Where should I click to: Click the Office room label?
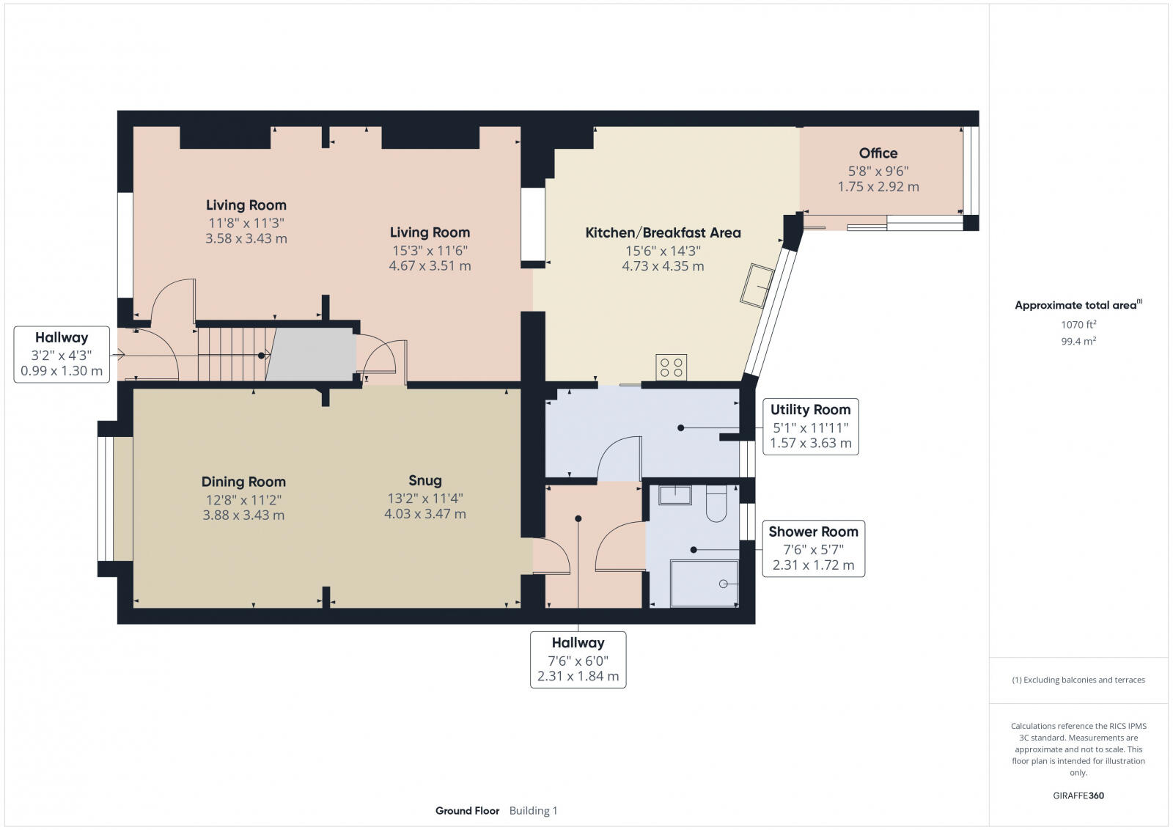pyautogui.click(x=878, y=153)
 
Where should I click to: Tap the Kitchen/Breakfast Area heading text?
pyautogui.click(x=663, y=233)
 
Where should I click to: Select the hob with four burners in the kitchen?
pyautogui.click(x=671, y=367)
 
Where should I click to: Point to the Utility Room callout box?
pyautogui.click(x=810, y=426)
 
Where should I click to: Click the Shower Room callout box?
pyautogui.click(x=813, y=548)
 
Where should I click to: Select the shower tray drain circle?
pyautogui.click(x=724, y=584)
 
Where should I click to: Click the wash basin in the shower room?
pyautogui.click(x=674, y=495)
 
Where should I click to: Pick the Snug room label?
pyautogui.click(x=425, y=481)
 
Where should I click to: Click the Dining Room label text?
pyautogui.click(x=243, y=482)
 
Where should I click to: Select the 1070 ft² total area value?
pyautogui.click(x=1078, y=324)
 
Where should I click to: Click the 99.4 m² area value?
pyautogui.click(x=1078, y=341)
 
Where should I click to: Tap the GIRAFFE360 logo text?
pyautogui.click(x=1078, y=796)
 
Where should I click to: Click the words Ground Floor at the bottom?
pyautogui.click(x=467, y=811)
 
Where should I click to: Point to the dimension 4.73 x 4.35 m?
pyautogui.click(x=663, y=266)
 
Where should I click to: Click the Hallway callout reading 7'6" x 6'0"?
pyautogui.click(x=578, y=659)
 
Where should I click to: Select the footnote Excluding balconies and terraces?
pyautogui.click(x=1078, y=680)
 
